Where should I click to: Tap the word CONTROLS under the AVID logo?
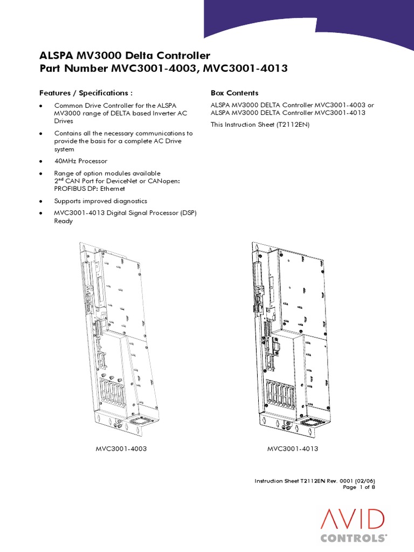(353, 537)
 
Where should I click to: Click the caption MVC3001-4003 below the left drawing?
(121, 448)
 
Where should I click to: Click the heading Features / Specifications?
(86, 93)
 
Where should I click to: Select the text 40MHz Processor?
(81, 161)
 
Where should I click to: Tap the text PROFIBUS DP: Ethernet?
(89, 189)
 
